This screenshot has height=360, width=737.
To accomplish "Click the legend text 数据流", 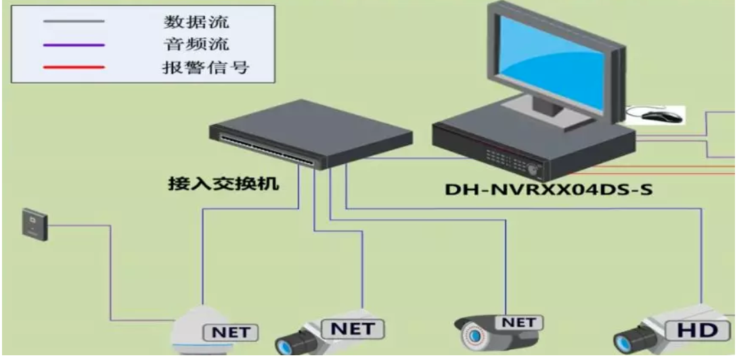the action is [196, 22].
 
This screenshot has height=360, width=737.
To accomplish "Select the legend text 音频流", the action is [196, 44].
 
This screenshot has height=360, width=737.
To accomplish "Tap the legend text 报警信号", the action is [206, 67].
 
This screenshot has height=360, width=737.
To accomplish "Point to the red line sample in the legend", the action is [74, 68].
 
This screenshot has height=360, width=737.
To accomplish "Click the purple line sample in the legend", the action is [74, 45].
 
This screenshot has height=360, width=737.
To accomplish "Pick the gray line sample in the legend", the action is [74, 22].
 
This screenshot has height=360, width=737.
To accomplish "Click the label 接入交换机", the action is [224, 183].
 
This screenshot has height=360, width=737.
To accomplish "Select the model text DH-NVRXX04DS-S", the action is [548, 189].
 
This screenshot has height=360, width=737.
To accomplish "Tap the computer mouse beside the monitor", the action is [662, 116].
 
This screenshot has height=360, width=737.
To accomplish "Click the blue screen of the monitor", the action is [552, 63].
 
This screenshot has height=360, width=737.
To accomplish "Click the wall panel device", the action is [35, 225].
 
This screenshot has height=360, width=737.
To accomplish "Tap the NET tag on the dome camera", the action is [231, 332].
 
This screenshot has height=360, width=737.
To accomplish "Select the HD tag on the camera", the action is [697, 330].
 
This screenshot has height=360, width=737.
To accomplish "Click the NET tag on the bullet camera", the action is [518, 323].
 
